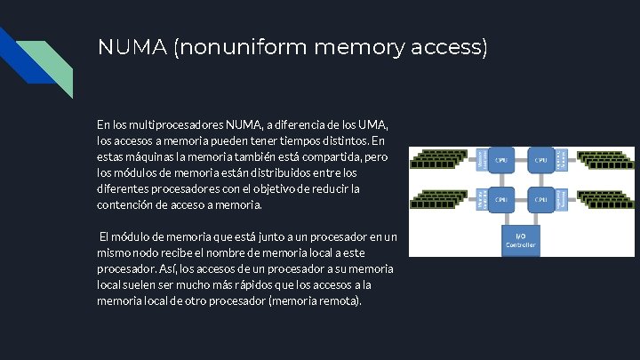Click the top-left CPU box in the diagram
(x=502, y=161)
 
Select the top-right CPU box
(x=540, y=161)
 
